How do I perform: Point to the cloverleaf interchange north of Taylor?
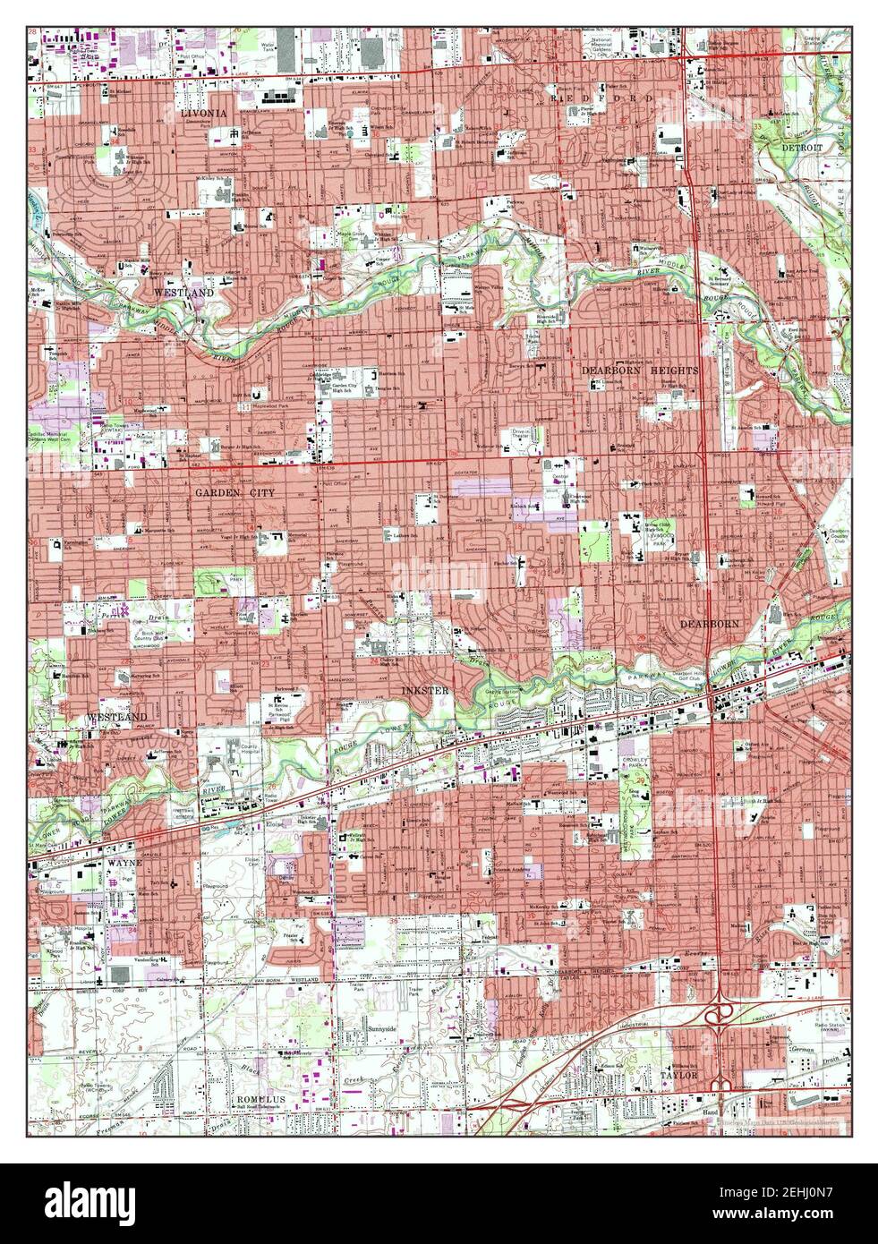tap(717, 1014)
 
